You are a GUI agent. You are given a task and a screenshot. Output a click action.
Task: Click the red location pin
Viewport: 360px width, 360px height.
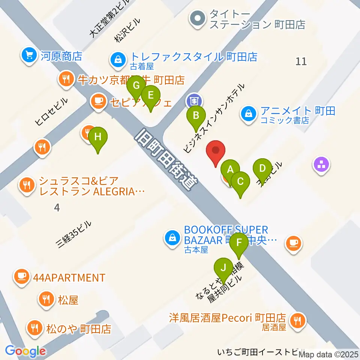click(216, 152)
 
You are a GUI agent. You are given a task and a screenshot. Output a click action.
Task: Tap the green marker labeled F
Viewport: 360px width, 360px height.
click(239, 243)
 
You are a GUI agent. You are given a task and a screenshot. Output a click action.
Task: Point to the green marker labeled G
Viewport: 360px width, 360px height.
click(136, 86)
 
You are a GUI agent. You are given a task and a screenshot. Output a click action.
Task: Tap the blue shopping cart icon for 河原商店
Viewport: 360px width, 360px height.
click(28, 56)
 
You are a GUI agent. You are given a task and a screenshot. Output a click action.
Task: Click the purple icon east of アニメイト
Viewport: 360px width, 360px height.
click(322, 164)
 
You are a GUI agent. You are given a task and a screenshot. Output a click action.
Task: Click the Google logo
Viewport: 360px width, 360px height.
click(25, 351)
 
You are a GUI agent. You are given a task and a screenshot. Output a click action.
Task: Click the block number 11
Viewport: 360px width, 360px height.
click(301, 61)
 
